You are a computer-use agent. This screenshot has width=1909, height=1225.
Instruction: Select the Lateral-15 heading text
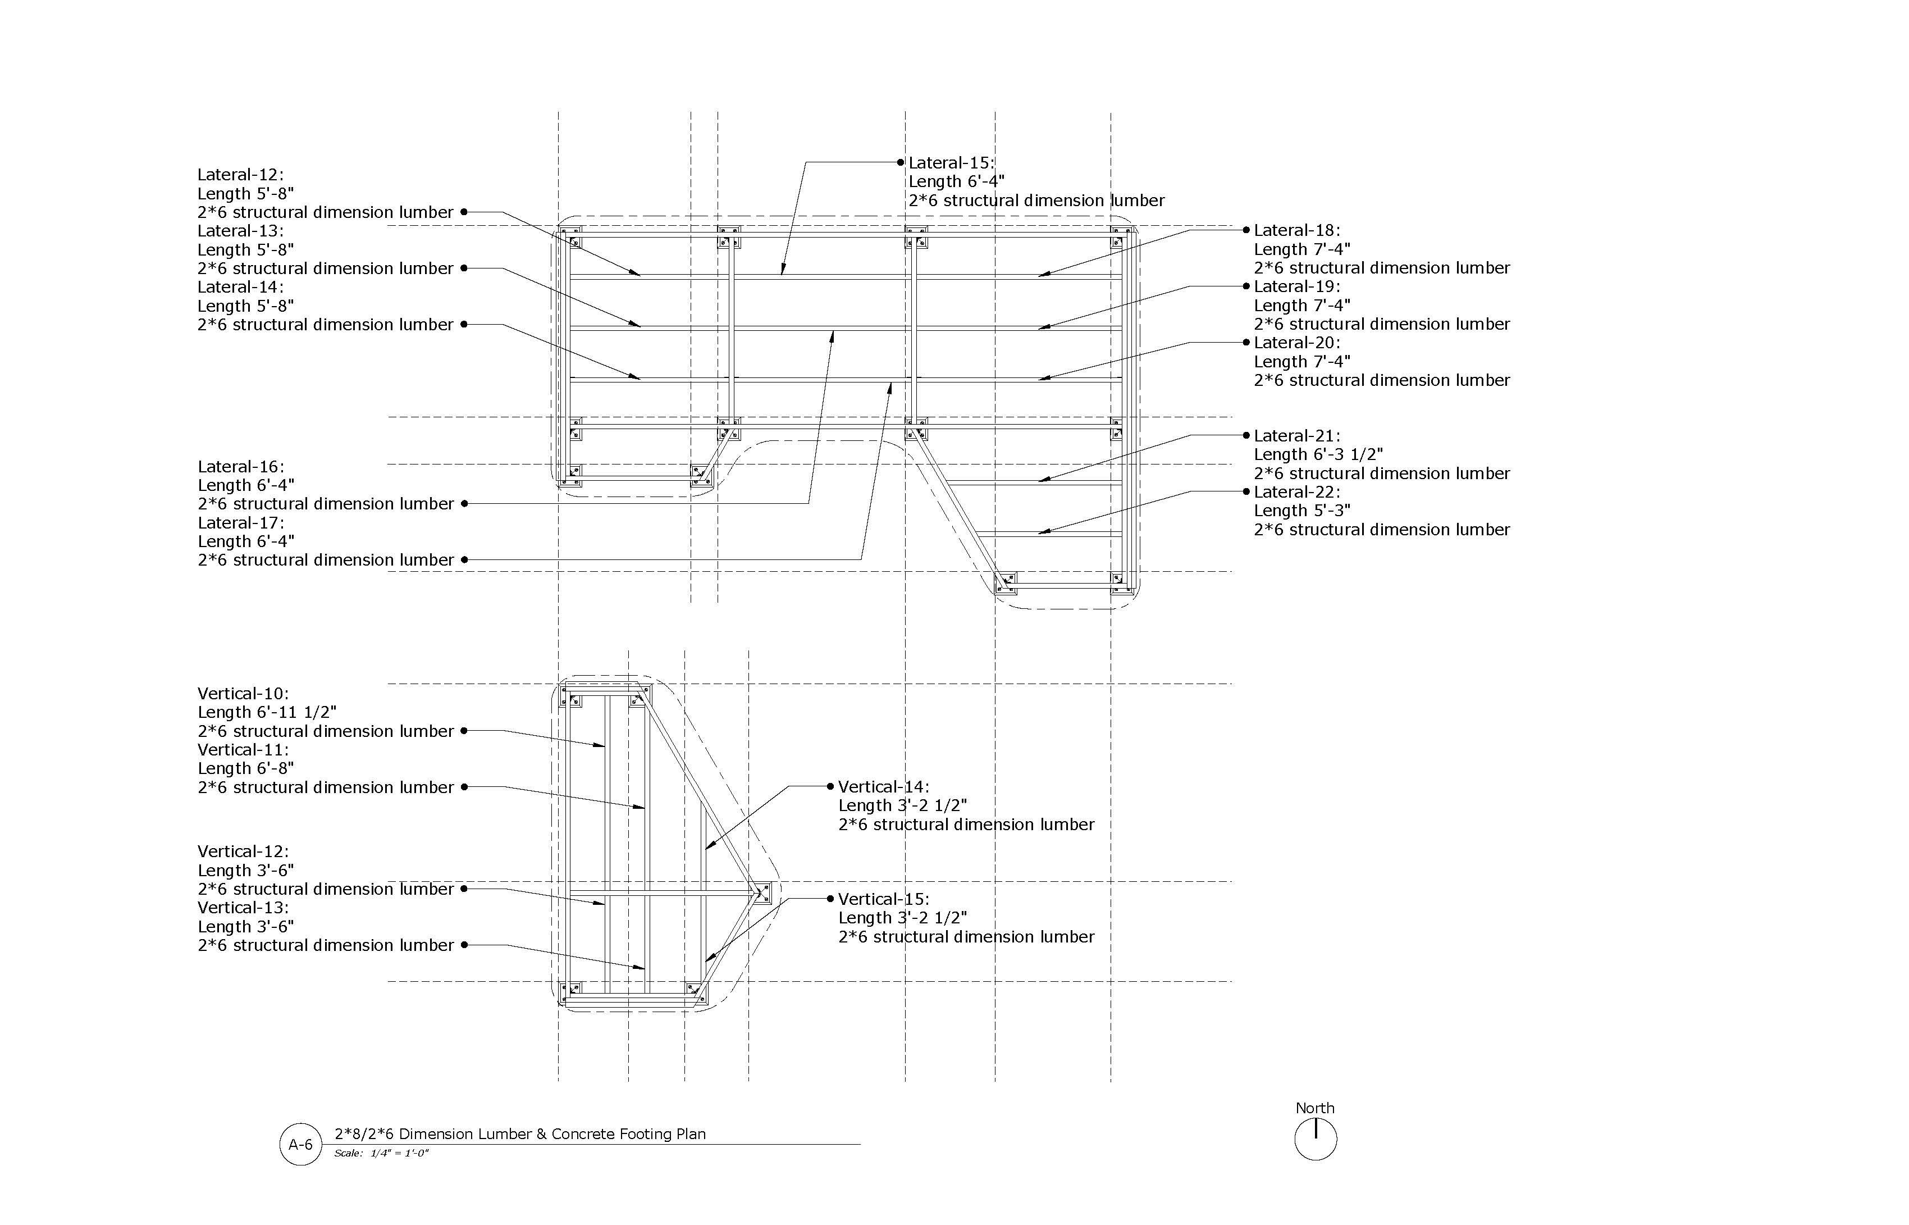[x=951, y=163]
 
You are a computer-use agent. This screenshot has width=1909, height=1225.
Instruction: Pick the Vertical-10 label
[x=243, y=694]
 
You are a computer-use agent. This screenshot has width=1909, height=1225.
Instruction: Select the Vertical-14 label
[x=883, y=787]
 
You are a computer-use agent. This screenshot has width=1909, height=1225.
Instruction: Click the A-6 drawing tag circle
[x=300, y=1145]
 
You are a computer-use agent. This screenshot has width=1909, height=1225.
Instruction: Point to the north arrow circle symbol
[x=1316, y=1139]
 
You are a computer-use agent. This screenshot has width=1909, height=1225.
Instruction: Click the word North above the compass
[x=1315, y=1109]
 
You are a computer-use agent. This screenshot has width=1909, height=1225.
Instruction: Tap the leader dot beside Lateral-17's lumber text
[x=464, y=560]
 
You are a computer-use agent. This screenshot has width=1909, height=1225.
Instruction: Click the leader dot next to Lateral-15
[x=901, y=162]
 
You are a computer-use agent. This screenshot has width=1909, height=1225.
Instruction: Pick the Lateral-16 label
[x=240, y=467]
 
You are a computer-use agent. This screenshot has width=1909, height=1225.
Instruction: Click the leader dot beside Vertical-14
[x=831, y=787]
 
